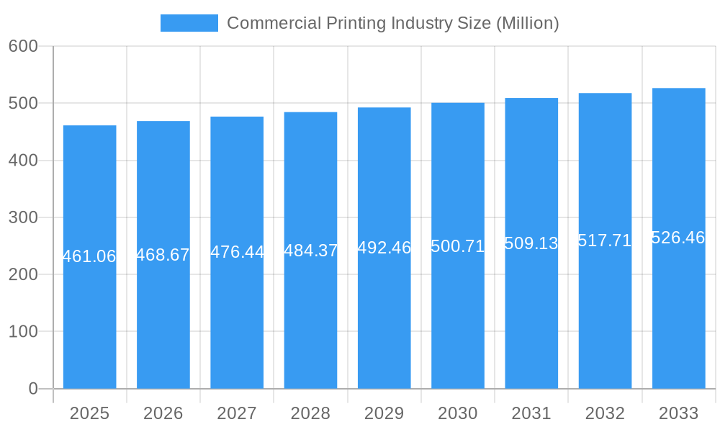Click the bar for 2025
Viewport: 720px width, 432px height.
coord(89,317)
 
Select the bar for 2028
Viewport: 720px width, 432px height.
coord(310,317)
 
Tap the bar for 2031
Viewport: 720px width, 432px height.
coord(531,317)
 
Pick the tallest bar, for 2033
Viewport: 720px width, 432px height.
coord(678,317)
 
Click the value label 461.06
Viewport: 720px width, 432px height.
coord(89,256)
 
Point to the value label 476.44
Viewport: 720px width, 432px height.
coord(237,252)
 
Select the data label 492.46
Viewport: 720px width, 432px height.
coord(384,248)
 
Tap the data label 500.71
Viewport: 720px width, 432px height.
coord(458,246)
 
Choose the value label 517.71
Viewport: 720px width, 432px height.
coord(605,240)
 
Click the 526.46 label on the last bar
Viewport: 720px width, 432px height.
coord(678,238)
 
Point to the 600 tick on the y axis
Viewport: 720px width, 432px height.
coord(23,46)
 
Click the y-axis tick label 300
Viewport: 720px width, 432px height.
coord(23,217)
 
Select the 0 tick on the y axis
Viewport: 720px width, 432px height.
coord(32,389)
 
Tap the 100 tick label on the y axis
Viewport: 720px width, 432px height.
coord(23,332)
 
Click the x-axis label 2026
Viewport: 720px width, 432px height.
coord(163,413)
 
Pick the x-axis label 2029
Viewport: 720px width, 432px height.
coord(384,413)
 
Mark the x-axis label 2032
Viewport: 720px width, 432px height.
coord(605,413)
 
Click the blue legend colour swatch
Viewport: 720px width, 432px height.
coord(189,23)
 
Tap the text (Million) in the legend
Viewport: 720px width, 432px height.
coord(528,23)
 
